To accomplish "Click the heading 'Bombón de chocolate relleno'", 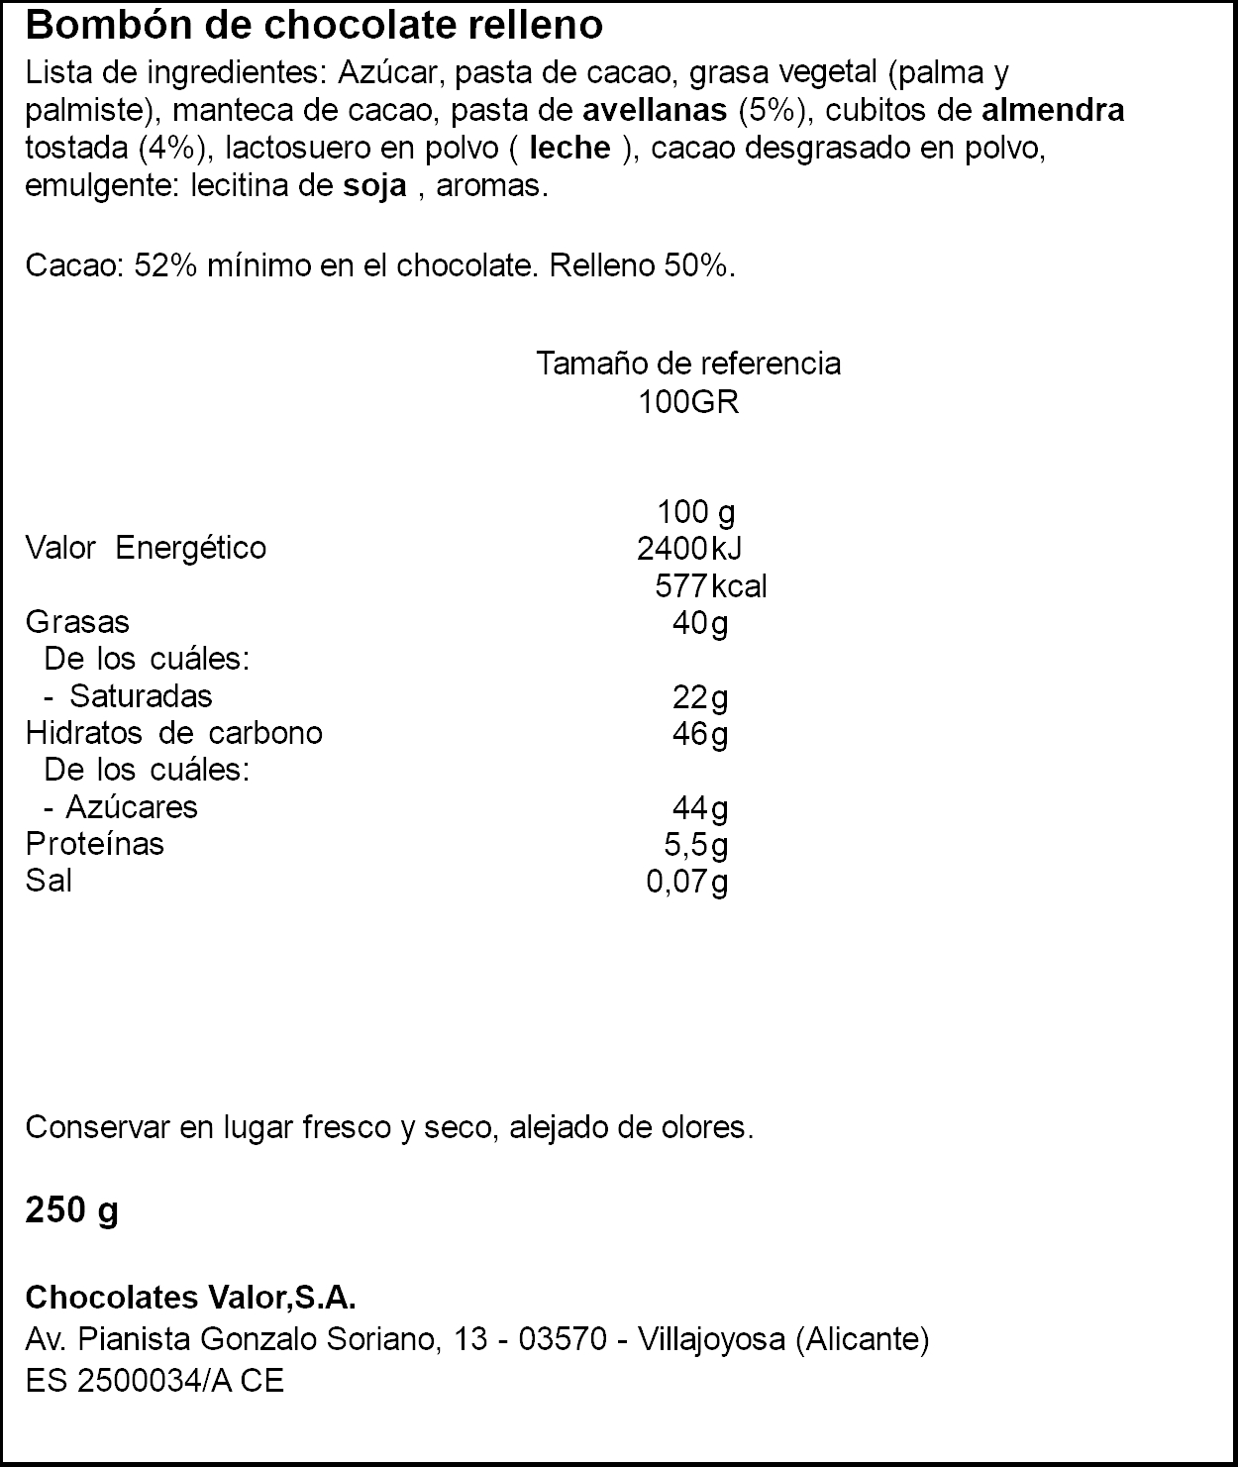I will pos(314,26).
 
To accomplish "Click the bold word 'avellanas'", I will pos(656,110).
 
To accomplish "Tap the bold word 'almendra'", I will pos(1053,110).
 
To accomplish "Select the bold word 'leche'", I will pos(570,148).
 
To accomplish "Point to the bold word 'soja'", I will pos(374,185).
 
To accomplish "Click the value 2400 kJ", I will pos(689,548).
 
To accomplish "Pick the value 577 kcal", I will pos(710,585).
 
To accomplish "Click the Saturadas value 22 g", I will pos(699,697).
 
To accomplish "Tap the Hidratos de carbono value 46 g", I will pos(699,734).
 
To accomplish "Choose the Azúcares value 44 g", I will pos(699,808).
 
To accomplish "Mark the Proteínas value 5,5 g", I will pos(695,845).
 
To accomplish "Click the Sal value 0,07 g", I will pos(687,882).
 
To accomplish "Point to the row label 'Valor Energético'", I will pos(146,548).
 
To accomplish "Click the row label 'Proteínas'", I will pos(95,844).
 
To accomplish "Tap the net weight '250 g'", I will pos(71,1209).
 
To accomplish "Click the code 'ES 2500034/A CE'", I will pos(155,1381).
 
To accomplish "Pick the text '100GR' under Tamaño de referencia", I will pos(689,402).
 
